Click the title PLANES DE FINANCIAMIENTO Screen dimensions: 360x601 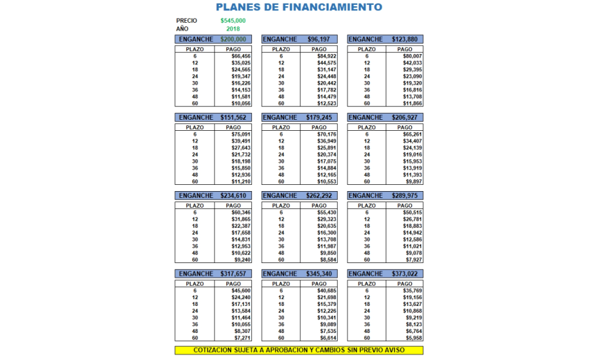298,8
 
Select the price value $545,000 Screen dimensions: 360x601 233,21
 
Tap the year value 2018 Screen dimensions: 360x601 233,29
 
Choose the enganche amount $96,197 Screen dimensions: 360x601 319,39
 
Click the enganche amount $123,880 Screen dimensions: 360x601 404,39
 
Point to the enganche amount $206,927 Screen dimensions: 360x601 404,118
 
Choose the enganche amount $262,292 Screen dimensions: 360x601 319,196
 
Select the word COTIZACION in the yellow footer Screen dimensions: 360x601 213,350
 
